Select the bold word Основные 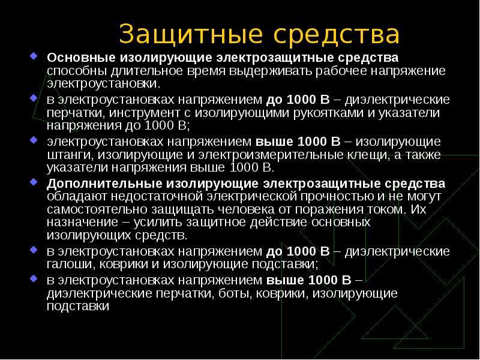(x=81, y=58)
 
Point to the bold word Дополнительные (x=104, y=184)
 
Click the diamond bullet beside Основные (x=34, y=56)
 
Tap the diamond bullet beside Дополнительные (x=34, y=182)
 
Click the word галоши (x=70, y=264)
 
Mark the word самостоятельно (x=97, y=209)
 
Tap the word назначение (x=82, y=222)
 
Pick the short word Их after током (x=418, y=209)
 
